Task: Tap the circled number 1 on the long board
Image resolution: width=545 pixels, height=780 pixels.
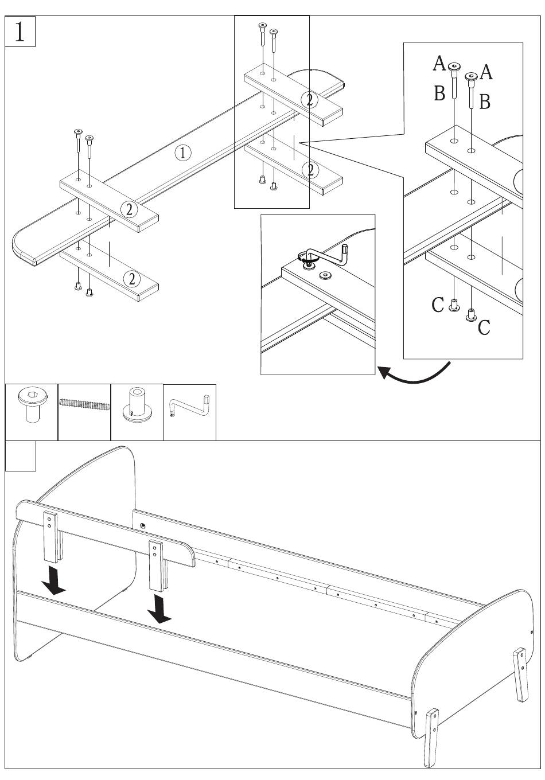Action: click(x=182, y=153)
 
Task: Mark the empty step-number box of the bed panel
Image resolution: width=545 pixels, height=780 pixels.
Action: click(x=20, y=455)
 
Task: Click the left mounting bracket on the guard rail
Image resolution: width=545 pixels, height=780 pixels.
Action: click(x=50, y=536)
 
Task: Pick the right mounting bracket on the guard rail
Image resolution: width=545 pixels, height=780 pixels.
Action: click(x=155, y=564)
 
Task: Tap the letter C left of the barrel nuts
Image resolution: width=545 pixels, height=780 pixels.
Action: click(x=438, y=305)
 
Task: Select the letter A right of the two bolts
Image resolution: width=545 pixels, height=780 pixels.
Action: click(x=486, y=72)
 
